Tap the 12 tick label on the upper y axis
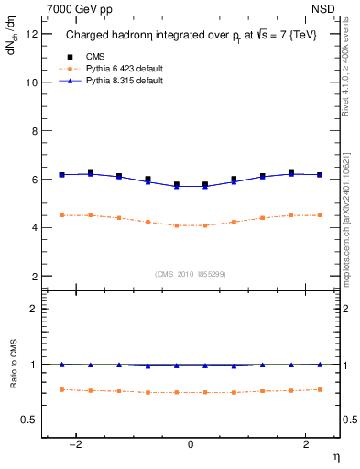32,34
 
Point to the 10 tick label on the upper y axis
32,82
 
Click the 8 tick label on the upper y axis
35,131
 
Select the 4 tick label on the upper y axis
35,227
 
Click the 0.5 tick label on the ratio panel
30,420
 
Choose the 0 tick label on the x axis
191,443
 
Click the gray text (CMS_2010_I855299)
191,274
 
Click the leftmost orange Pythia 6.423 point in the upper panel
61,215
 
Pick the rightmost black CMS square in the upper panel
320,174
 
